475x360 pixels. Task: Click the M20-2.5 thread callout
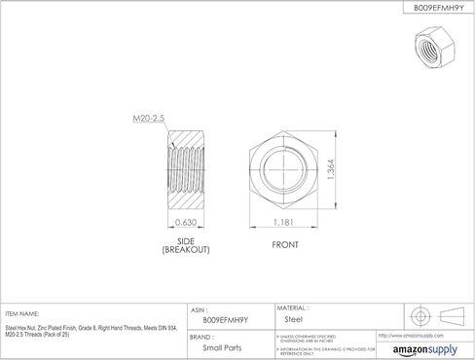pos(147,118)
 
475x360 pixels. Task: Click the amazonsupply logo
pos(422,348)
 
